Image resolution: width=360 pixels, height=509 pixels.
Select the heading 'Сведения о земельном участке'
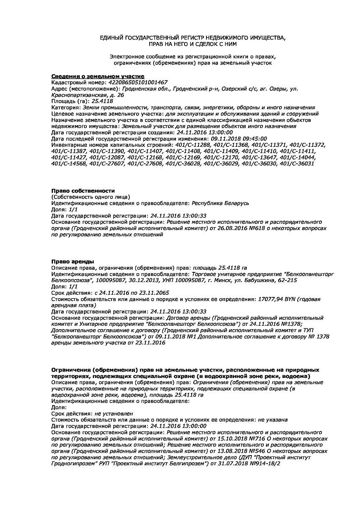click(92, 76)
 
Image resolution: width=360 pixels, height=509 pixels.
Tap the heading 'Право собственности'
click(83, 191)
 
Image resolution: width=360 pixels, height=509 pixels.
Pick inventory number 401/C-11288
click(192, 145)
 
